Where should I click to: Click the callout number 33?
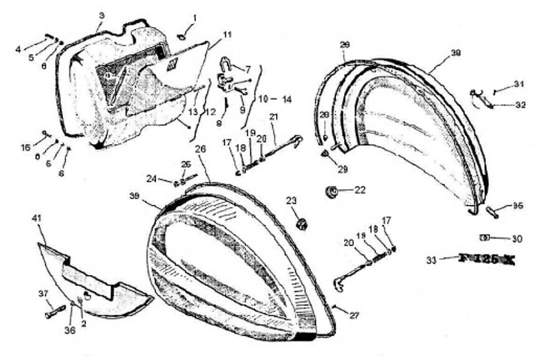click(x=430, y=260)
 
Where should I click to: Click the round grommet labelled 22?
click(x=331, y=191)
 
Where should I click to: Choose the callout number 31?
click(x=520, y=83)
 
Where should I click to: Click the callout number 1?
click(x=196, y=16)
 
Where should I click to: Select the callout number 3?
click(x=102, y=16)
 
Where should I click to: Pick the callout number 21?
click(x=274, y=116)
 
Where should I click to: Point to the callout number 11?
click(x=227, y=34)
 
